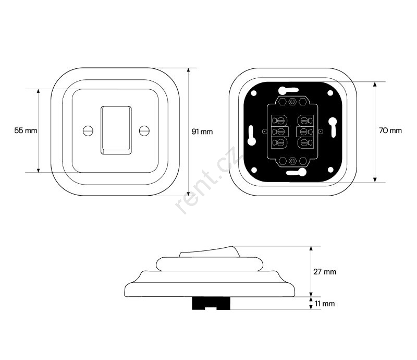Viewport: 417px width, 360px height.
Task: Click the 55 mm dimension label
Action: pos(26,130)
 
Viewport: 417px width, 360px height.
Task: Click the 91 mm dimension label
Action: pos(202,131)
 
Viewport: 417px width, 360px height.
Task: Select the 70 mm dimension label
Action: pos(390,130)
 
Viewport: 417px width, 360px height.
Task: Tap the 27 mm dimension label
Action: pos(325,272)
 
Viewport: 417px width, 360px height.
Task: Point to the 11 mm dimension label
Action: pos(325,304)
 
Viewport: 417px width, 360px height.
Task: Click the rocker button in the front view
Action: pos(116,130)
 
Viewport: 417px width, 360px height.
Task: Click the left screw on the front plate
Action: pos(88,130)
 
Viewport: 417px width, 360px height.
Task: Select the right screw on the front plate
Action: pos(144,130)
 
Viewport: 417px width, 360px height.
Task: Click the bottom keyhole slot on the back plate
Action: pos(296,173)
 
